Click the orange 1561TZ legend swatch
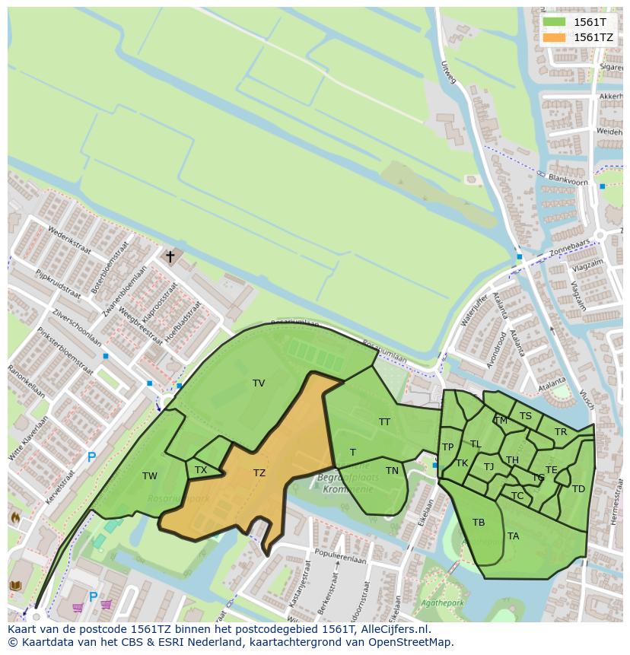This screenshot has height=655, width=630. coord(555,37)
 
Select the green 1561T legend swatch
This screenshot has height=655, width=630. coord(555,22)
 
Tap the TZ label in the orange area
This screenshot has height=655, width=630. coord(259,473)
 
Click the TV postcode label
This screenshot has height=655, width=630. coord(259,383)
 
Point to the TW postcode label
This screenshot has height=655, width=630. coord(150,476)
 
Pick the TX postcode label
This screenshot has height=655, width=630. coord(201,470)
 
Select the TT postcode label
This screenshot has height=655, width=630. coord(384,421)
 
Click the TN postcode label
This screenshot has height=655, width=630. coord(392,471)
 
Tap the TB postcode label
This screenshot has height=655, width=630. coord(479,523)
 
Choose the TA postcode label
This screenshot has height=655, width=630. coord(514,536)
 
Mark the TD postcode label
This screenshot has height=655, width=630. coord(578,489)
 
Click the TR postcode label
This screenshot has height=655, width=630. coord(561,432)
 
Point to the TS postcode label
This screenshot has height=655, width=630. coord(526,416)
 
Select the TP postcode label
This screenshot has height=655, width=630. coord(448,447)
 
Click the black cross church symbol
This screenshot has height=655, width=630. coord(170,257)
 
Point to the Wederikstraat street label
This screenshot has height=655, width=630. coord(68,240)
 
